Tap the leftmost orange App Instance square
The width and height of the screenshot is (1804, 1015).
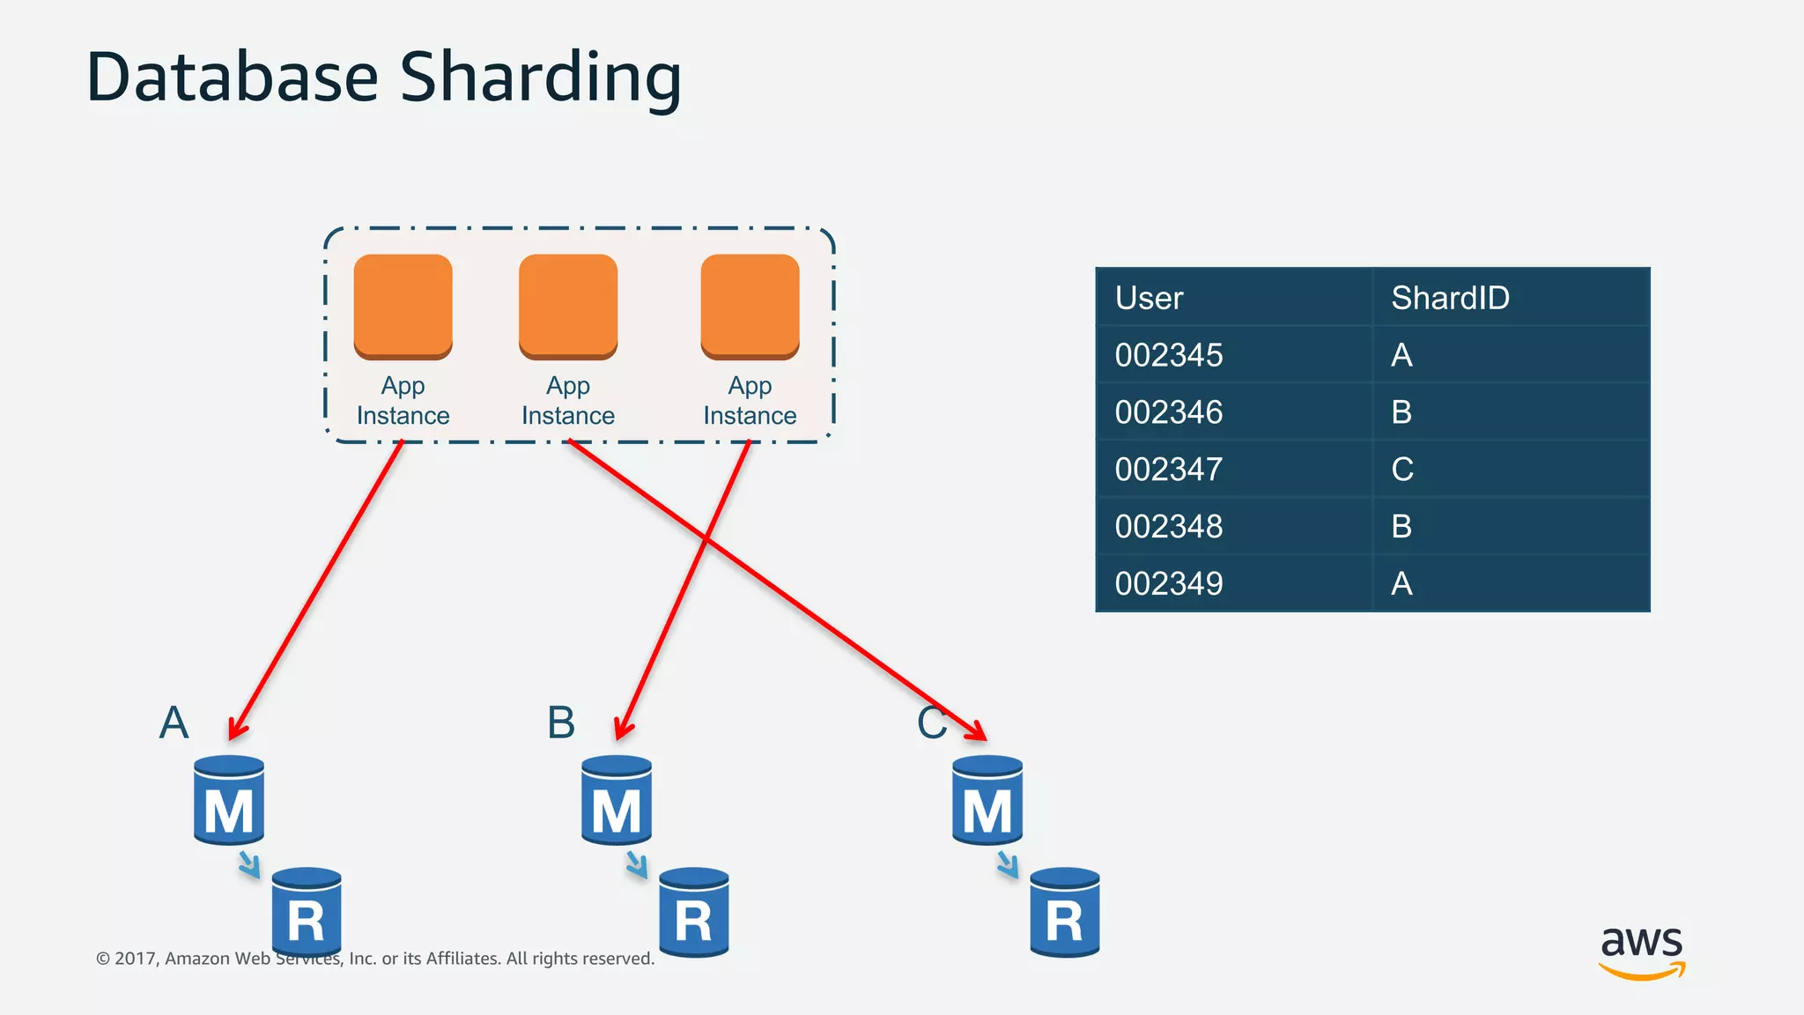403,306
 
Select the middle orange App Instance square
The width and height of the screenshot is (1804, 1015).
568,306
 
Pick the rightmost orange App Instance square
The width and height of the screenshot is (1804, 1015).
750,306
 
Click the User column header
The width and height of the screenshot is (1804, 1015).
1149,298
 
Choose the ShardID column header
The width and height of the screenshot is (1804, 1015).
1450,298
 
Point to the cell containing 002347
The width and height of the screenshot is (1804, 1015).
1169,469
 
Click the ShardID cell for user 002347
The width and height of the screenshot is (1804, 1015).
1402,469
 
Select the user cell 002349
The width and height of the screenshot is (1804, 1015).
1169,583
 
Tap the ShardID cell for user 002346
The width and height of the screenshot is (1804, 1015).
1401,412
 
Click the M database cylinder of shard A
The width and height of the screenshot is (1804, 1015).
229,800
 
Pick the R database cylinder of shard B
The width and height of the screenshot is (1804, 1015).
694,913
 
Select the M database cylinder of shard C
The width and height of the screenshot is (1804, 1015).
987,800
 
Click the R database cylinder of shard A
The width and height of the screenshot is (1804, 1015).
307,913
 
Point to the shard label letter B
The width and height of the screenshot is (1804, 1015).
561,722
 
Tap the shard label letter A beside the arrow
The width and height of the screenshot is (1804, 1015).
174,722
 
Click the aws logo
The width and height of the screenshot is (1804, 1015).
1641,952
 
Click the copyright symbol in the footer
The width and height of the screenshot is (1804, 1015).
103,959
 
